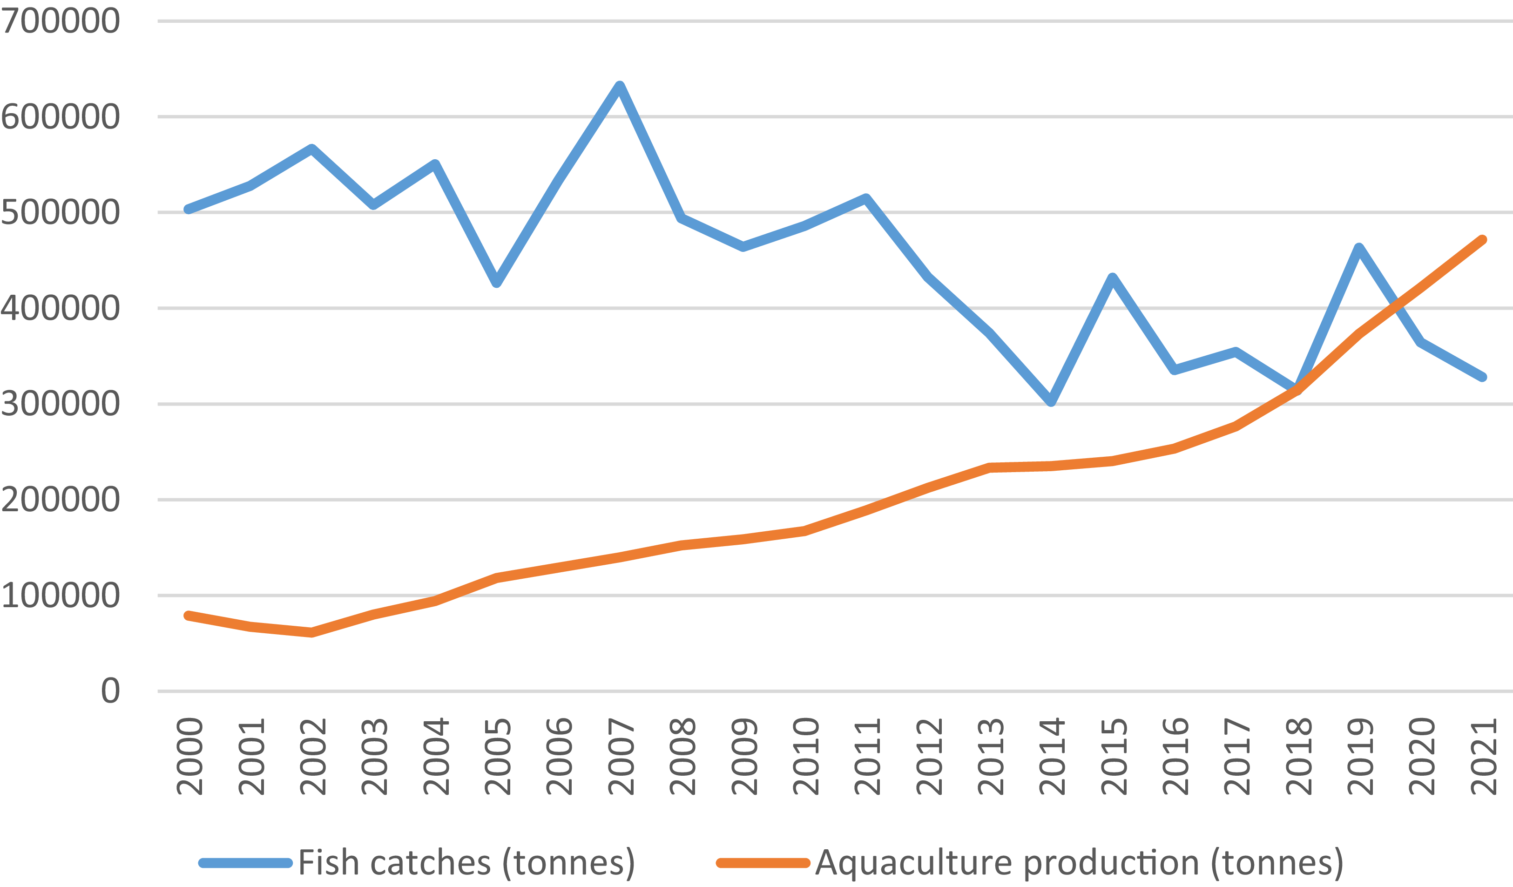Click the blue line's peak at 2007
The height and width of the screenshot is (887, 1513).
(x=620, y=86)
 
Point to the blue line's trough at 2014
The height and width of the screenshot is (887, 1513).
(x=1051, y=402)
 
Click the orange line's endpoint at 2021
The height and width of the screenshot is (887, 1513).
(x=1482, y=240)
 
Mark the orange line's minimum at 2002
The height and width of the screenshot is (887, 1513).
(x=311, y=632)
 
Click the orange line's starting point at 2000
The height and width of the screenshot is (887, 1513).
(x=189, y=616)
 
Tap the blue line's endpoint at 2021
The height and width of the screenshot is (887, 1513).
(x=1482, y=377)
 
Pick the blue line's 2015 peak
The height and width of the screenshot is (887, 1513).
(x=1113, y=278)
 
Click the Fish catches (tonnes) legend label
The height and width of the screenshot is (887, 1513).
(x=466, y=863)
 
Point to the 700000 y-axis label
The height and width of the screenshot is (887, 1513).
(x=60, y=21)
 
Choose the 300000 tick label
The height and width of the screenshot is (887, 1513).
(x=60, y=404)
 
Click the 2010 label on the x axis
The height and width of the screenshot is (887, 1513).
(x=805, y=756)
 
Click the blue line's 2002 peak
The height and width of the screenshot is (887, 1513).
(x=311, y=149)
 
